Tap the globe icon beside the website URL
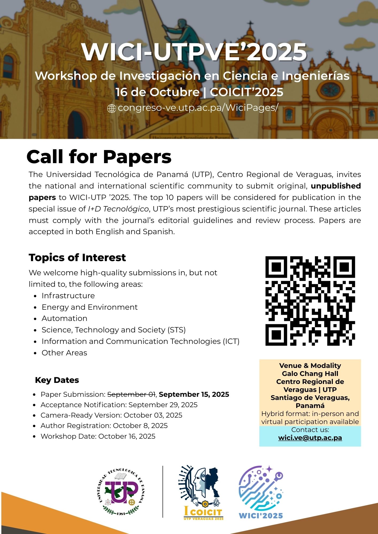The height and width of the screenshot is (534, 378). [x=111, y=109]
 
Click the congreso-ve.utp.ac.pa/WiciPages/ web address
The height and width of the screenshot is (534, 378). [x=198, y=108]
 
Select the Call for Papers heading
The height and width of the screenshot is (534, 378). [x=99, y=157]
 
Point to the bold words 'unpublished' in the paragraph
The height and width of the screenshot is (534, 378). [x=336, y=186]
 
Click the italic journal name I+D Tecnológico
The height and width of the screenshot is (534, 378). [x=118, y=209]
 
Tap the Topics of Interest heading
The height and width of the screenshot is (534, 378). [x=77, y=258]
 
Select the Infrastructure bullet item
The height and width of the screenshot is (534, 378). [x=68, y=296]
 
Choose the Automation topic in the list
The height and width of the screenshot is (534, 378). [x=64, y=318]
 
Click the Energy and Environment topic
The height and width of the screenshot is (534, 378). [x=90, y=307]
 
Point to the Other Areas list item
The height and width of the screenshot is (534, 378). [x=64, y=353]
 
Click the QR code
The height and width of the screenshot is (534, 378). [x=310, y=301]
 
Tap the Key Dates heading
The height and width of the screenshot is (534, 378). [x=57, y=380]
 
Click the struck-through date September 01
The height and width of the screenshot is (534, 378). [x=131, y=394]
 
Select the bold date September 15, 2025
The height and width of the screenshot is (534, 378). [x=194, y=394]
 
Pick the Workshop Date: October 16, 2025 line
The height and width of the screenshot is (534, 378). [x=98, y=436]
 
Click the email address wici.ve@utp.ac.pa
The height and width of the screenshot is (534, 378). [x=310, y=438]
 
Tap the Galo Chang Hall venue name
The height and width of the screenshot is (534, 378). [x=310, y=374]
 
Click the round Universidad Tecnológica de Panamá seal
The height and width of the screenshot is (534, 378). [x=121, y=492]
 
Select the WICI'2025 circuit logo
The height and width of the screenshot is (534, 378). [x=261, y=492]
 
